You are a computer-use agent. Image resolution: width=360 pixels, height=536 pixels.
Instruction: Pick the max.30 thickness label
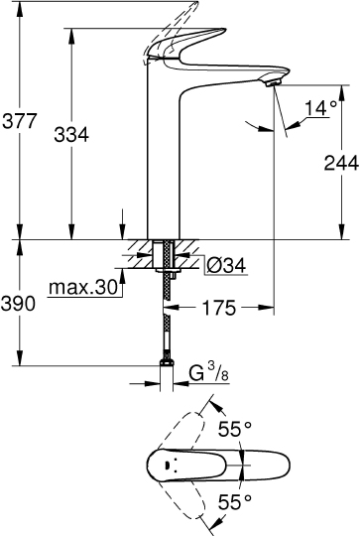pyautogui.click(x=81, y=287)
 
